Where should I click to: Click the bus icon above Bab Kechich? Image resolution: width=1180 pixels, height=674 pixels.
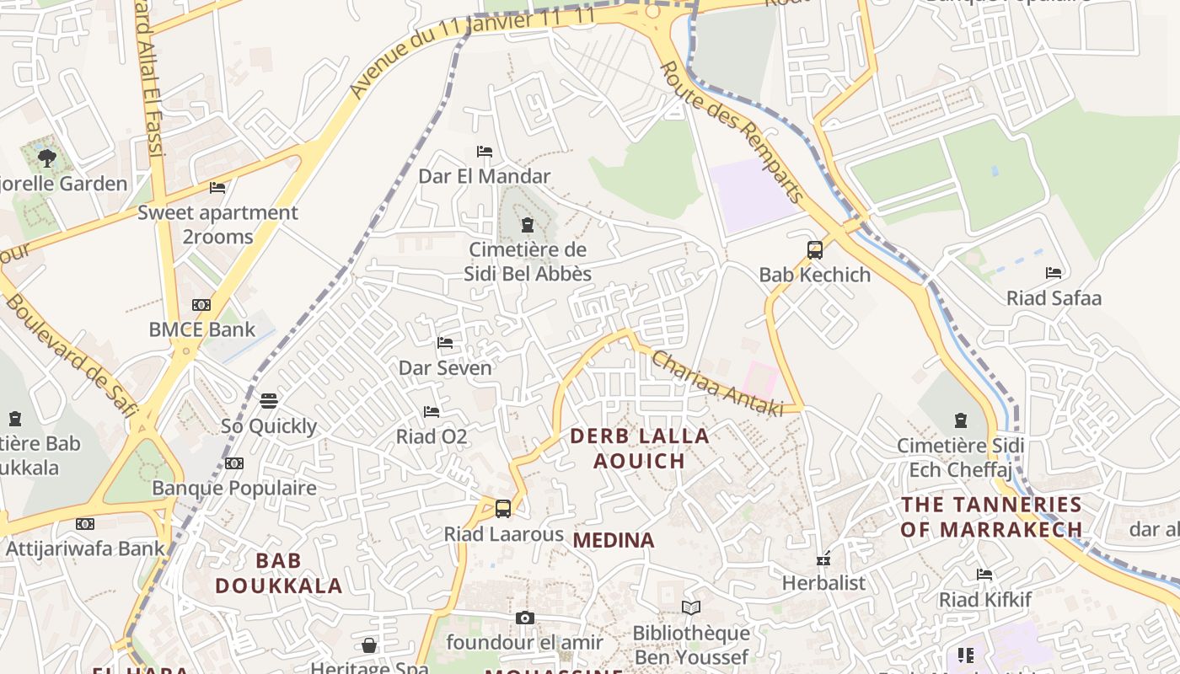814,250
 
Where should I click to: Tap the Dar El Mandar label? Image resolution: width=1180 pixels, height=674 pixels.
484,176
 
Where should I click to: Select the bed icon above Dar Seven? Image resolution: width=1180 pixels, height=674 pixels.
445,343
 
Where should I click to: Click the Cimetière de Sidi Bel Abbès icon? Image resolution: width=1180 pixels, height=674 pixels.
528,225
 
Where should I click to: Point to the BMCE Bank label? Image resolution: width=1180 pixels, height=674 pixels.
201,329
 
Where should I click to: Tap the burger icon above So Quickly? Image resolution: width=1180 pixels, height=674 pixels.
269,400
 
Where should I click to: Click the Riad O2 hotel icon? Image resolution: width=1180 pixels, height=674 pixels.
432,412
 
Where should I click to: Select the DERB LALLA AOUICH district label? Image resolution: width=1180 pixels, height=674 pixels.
640,448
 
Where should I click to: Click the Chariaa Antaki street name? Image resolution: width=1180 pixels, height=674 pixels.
716,383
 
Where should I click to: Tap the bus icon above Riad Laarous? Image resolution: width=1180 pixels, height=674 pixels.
503,509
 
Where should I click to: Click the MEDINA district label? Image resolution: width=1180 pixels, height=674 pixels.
614,540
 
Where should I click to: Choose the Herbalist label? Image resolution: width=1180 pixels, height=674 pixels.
823,583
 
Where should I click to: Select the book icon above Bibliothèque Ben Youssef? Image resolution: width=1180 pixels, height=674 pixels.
690,608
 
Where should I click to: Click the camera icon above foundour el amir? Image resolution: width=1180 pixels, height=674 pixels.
524,618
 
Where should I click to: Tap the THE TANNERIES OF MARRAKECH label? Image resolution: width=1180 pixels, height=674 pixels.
991,517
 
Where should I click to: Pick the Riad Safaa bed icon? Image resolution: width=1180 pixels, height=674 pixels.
1054,273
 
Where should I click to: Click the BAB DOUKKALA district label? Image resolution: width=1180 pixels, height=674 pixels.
278,573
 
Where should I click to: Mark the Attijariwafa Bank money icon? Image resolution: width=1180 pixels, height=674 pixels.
85,524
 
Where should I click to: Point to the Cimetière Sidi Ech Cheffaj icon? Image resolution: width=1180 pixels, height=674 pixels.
960,420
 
